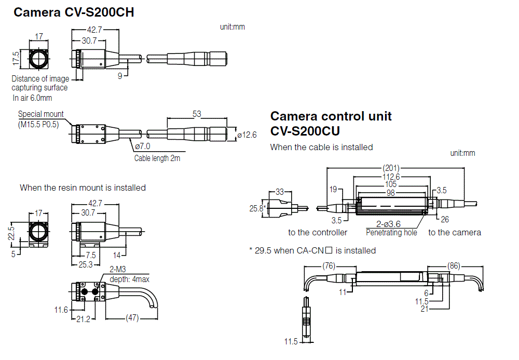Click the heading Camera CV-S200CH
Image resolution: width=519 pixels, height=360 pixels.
tap(74, 12)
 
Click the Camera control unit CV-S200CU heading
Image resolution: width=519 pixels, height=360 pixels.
tap(331, 123)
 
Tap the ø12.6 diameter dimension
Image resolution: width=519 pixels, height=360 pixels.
tap(247, 135)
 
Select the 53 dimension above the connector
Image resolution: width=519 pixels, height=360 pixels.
tap(197, 114)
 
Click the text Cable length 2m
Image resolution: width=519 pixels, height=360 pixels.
tap(157, 158)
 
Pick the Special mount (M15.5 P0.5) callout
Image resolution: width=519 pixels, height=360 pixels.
tap(41, 119)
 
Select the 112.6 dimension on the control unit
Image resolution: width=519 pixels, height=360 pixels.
tap(392, 176)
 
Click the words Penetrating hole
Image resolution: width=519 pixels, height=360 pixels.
tap(391, 233)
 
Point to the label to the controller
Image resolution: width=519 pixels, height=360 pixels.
tap(318, 232)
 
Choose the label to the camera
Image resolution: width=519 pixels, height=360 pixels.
tap(455, 232)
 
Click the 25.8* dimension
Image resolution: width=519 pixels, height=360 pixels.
tap(257, 208)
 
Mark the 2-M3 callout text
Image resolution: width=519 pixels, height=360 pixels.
tap(118, 270)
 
